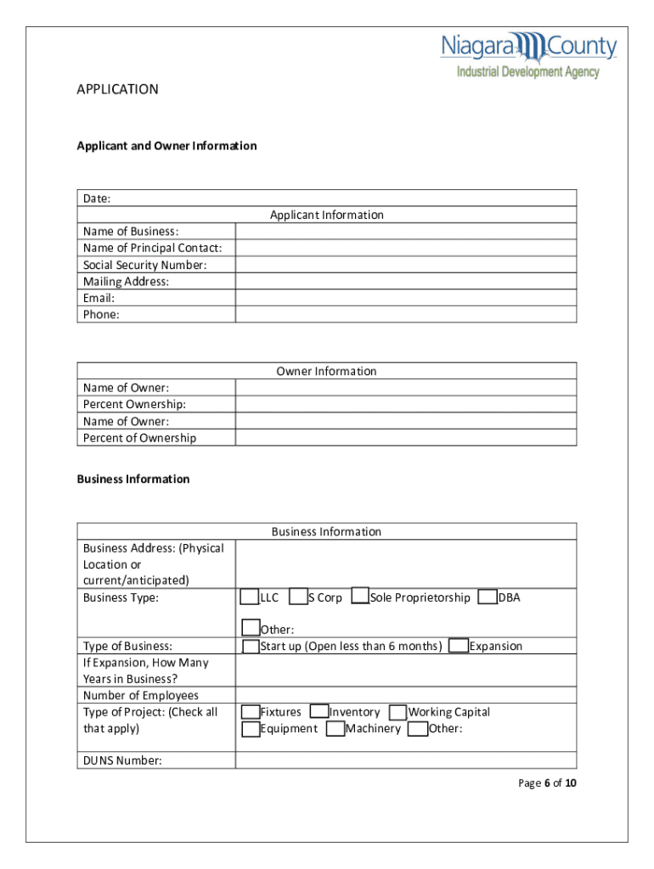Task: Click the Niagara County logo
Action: point(527,55)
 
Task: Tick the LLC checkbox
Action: point(250,597)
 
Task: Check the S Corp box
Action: point(298,597)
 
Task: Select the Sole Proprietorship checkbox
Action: point(360,597)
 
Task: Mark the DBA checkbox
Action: point(488,597)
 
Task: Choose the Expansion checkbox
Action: point(459,646)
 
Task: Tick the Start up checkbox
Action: point(251,647)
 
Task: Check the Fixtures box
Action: point(251,712)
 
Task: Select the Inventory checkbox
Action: point(319,712)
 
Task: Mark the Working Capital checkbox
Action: point(398,712)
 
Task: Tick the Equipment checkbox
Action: point(251,729)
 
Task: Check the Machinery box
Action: point(335,729)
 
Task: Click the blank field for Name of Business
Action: point(405,232)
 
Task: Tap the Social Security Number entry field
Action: point(405,265)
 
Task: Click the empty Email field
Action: point(405,298)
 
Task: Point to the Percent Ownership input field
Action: point(405,404)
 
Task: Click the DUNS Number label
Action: point(122,760)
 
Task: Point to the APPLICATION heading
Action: point(117,89)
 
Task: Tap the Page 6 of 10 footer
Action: point(547,783)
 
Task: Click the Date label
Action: point(97,199)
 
